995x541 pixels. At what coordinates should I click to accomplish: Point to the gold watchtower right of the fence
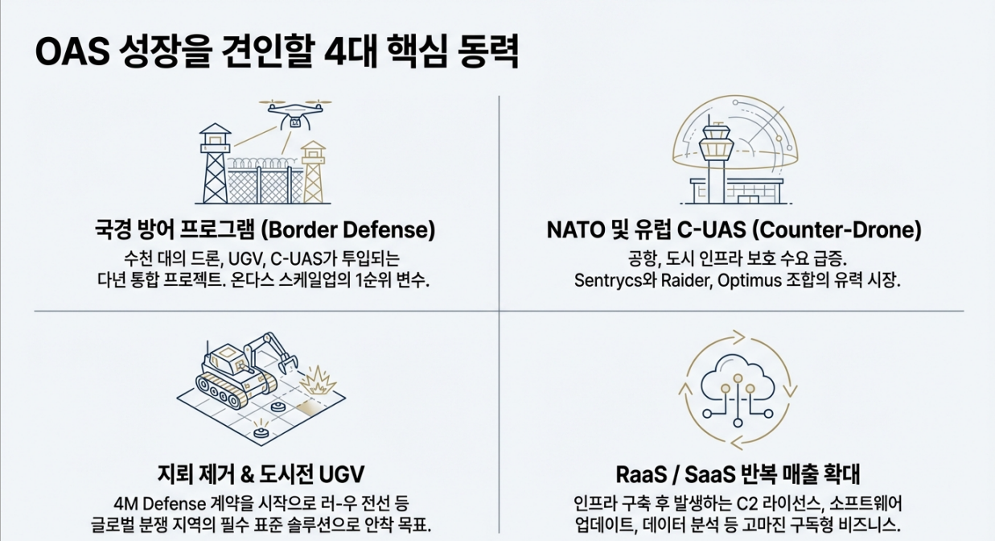click(313, 170)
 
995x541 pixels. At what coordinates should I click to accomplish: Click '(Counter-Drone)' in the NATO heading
click(836, 230)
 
